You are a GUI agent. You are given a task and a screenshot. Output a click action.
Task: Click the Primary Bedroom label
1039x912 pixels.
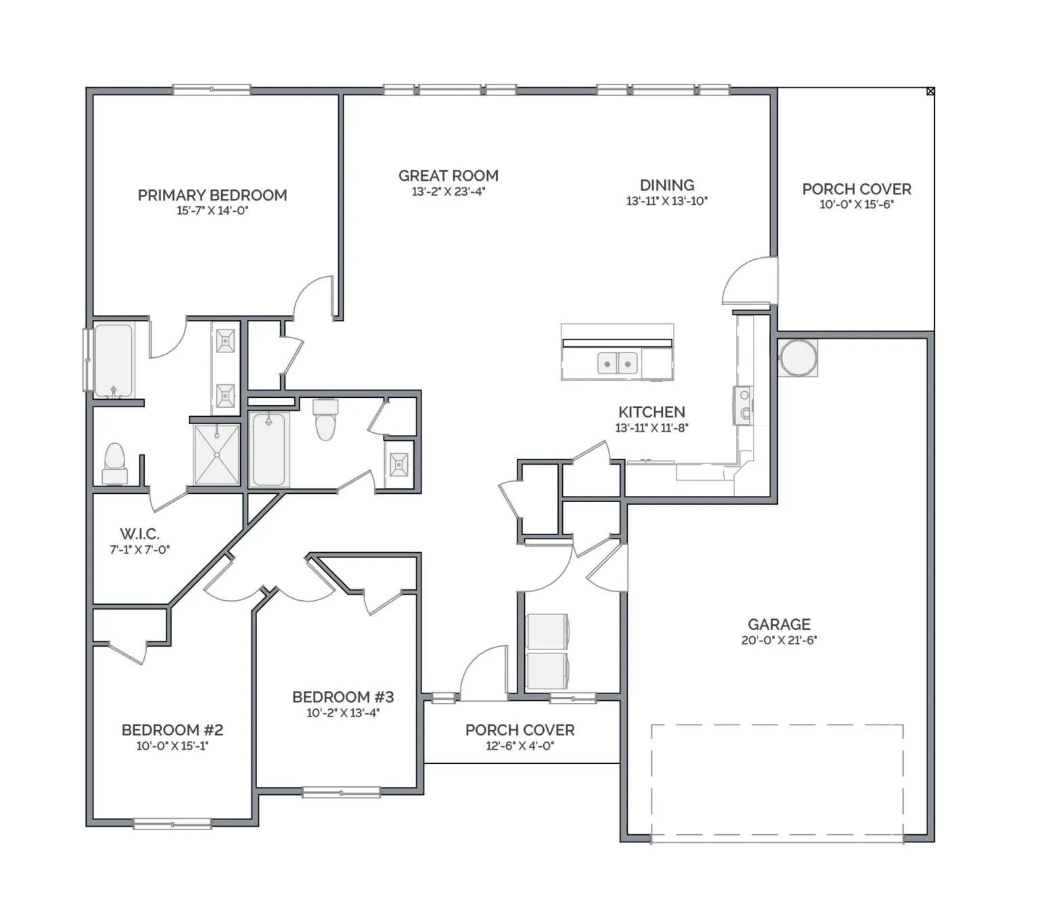point(212,195)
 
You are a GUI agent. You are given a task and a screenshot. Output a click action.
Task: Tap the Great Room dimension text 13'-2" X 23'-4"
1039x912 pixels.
point(448,191)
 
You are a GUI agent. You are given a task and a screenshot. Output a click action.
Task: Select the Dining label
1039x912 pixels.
point(667,185)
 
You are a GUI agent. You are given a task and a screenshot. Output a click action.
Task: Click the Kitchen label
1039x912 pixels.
point(651,412)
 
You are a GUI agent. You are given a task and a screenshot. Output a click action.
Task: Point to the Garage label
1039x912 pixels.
point(779,624)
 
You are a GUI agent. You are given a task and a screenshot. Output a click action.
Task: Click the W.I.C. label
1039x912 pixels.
point(139,534)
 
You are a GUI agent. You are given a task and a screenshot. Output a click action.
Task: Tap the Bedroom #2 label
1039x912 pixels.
point(172,730)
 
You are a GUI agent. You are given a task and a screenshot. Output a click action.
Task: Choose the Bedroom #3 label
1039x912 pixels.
point(342,697)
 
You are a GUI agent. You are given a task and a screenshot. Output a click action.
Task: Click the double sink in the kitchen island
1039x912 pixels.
point(617,364)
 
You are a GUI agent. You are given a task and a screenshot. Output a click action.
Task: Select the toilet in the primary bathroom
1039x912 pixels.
point(115,463)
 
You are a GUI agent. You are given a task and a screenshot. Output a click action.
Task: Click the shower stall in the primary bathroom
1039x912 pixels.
point(216,455)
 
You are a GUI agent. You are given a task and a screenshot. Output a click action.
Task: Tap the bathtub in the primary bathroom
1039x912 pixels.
point(114,361)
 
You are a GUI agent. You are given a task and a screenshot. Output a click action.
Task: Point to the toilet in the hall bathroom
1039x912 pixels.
point(325,419)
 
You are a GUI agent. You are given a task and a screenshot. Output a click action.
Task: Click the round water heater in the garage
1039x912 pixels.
point(798,357)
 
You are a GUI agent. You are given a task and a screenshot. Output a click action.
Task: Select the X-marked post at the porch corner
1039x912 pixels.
point(930,91)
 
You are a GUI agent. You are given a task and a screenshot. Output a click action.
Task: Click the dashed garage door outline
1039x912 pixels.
point(777,783)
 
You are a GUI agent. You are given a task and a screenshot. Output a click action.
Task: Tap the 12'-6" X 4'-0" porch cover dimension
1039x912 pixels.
point(519,746)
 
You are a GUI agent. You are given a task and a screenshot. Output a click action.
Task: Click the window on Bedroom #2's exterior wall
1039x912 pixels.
point(172,824)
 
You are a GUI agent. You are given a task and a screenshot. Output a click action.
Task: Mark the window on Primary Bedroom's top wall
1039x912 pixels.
point(211,90)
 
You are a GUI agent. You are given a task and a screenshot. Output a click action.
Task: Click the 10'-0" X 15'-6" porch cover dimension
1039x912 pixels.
point(856,204)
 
